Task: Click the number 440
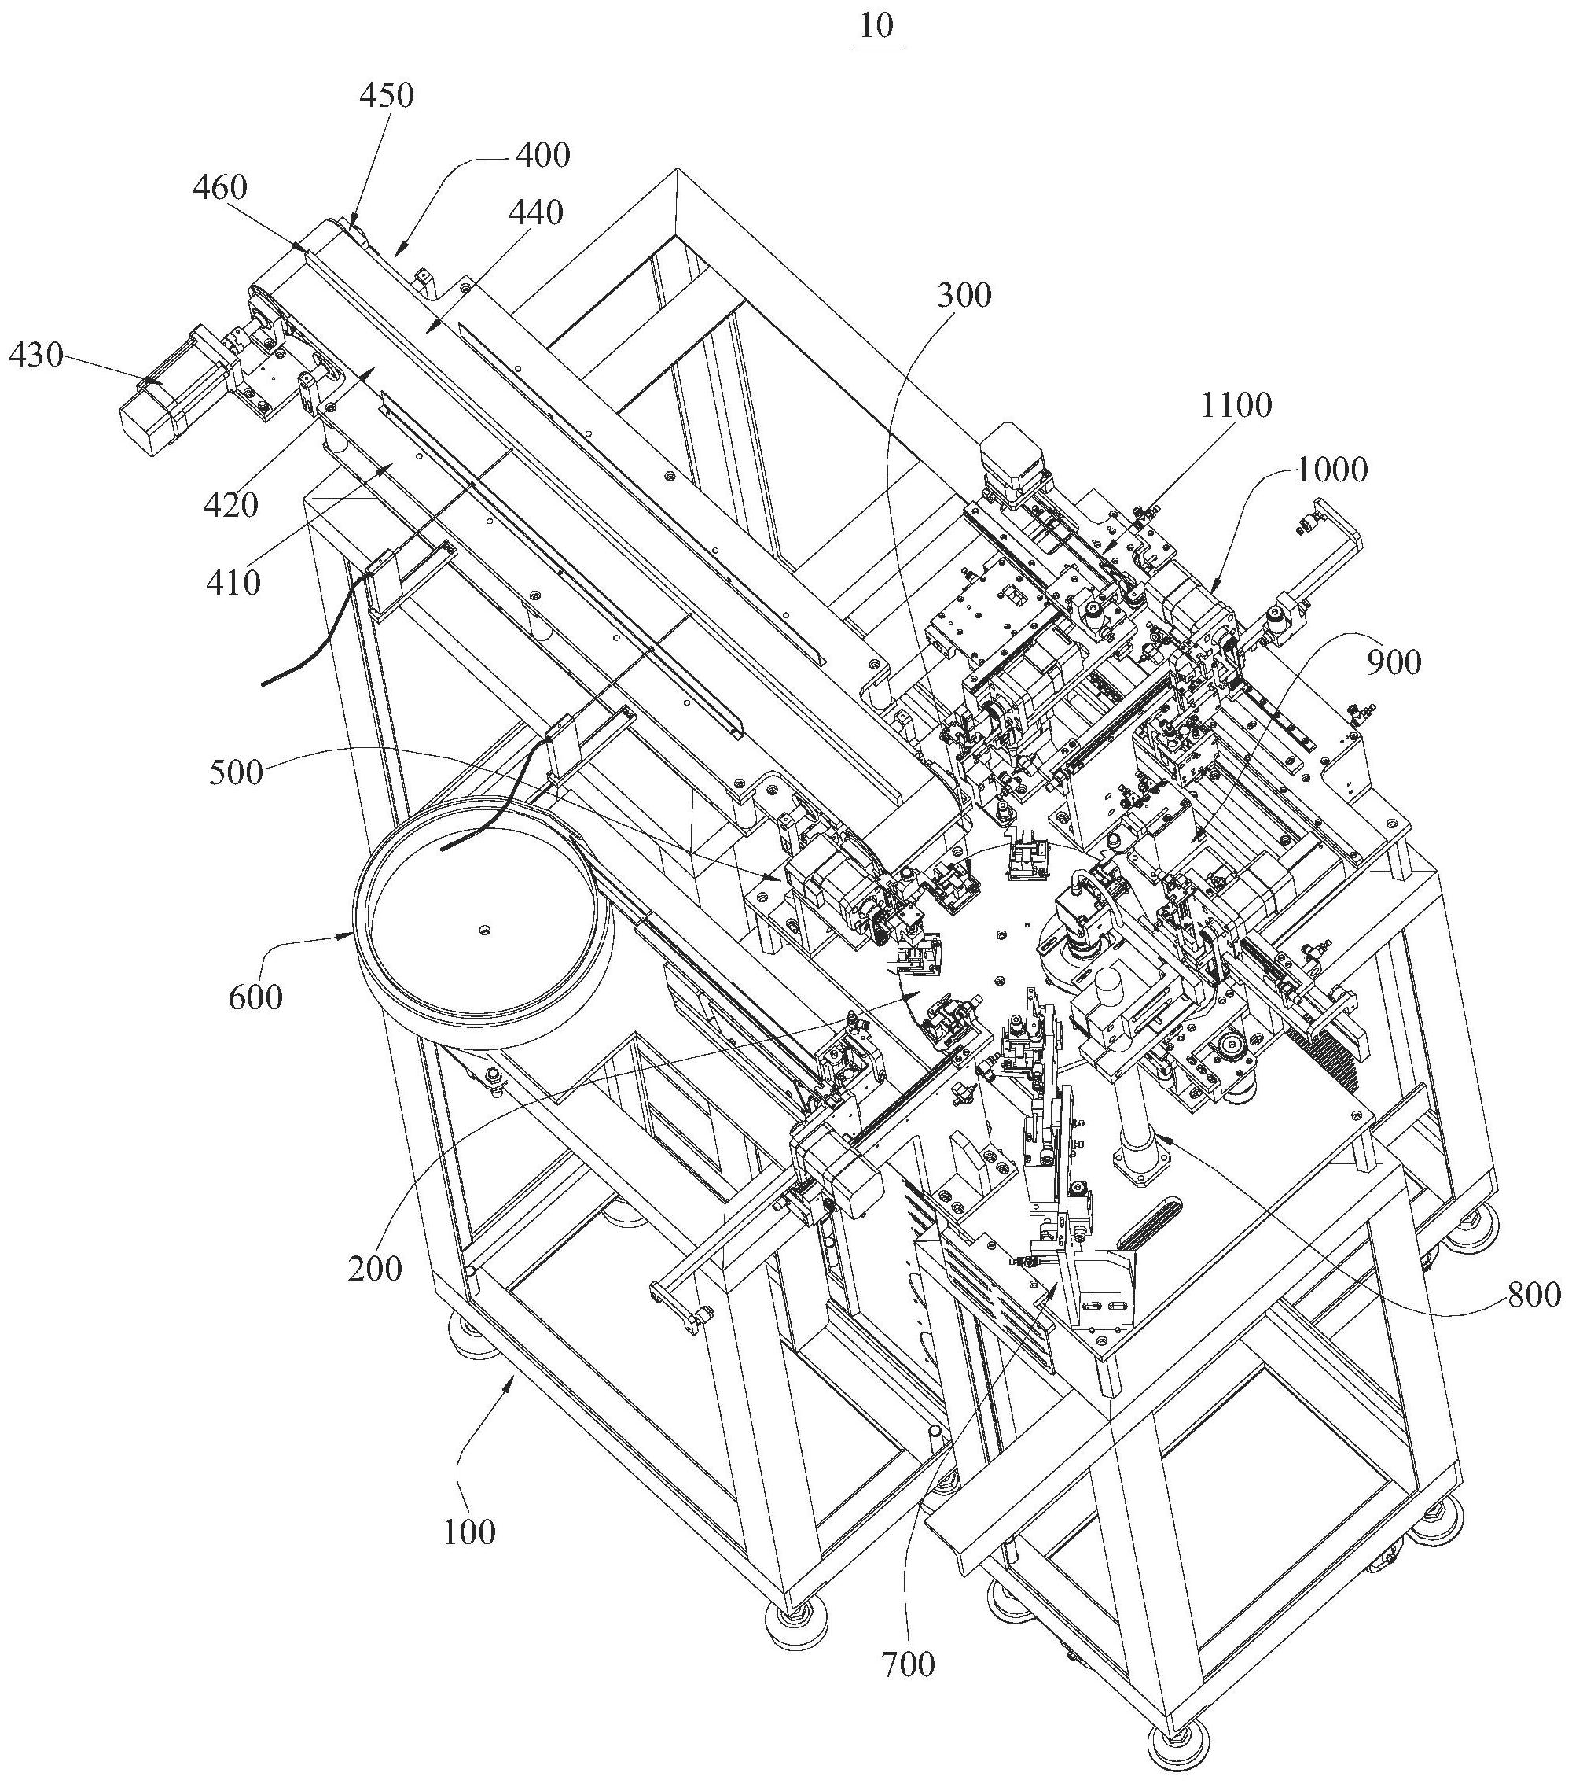click(534, 213)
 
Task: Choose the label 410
click(233, 582)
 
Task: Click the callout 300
click(964, 296)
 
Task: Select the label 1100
click(1236, 405)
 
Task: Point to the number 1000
click(1331, 471)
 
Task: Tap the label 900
click(1393, 663)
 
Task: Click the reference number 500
click(236, 772)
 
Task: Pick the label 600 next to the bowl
click(255, 997)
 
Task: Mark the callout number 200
click(375, 1268)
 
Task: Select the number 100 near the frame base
click(469, 1532)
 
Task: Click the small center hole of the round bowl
click(483, 931)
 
